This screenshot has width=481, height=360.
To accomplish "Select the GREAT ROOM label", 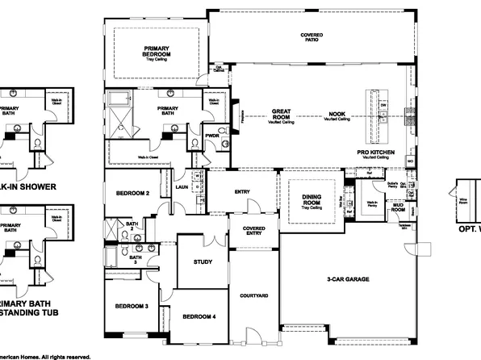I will pyautogui.click(x=282, y=114).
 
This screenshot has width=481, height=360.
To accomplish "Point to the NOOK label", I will pyautogui.click(x=337, y=114).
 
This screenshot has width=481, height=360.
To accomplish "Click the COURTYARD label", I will pyautogui.click(x=253, y=295).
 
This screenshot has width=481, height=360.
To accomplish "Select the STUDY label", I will pyautogui.click(x=203, y=262).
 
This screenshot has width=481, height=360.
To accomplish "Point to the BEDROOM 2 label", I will pyautogui.click(x=133, y=194).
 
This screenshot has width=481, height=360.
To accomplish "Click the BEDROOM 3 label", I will pyautogui.click(x=130, y=306).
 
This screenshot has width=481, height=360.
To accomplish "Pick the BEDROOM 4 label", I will pyautogui.click(x=198, y=316).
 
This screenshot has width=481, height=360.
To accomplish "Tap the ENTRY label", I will pyautogui.click(x=242, y=191).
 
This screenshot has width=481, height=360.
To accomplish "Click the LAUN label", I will pyautogui.click(x=182, y=186).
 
